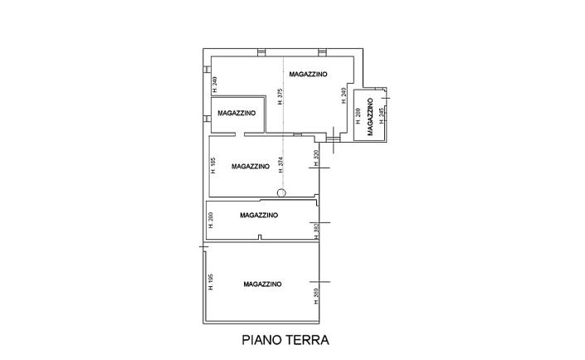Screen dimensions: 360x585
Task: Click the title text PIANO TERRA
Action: (x=285, y=339)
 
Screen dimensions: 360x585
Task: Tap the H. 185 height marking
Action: (x=213, y=164)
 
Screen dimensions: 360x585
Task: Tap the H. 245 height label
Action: (x=381, y=117)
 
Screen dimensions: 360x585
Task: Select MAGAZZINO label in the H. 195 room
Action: (x=262, y=284)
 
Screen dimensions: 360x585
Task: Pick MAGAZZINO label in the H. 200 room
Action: (x=258, y=215)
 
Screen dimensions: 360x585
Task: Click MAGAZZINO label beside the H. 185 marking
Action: (x=251, y=166)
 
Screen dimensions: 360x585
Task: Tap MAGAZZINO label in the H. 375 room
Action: (x=308, y=75)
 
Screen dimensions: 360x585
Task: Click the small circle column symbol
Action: (x=280, y=193)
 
